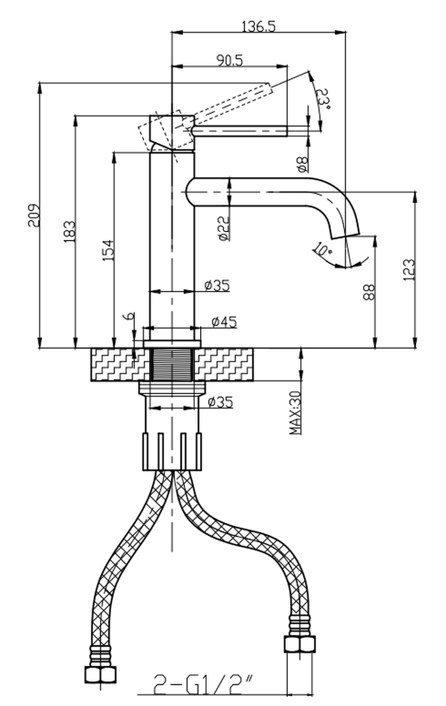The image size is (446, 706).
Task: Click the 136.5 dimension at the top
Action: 258,27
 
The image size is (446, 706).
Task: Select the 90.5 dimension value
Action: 230,60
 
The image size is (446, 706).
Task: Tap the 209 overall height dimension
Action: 35,215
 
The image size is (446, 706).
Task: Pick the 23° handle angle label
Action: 322,99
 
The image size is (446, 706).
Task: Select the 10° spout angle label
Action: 322,249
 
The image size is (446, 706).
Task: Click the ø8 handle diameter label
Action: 302,163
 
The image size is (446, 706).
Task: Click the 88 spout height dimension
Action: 369,292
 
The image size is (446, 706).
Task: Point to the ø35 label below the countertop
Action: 220,403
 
